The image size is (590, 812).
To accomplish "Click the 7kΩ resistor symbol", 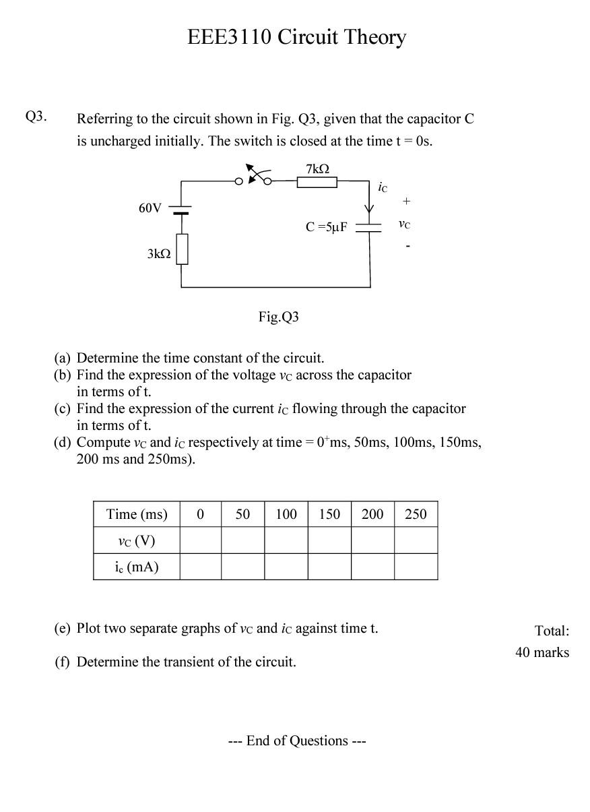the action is [317, 181].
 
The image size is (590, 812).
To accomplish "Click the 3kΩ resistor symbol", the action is [181, 249].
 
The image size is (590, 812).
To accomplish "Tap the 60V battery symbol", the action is [181, 210].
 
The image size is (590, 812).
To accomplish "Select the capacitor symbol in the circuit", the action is [368, 228].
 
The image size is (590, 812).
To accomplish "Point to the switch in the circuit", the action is [254, 177].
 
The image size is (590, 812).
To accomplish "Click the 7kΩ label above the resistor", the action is [317, 168].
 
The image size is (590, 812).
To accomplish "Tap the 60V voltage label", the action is [150, 208].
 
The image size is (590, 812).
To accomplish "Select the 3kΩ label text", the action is [158, 253].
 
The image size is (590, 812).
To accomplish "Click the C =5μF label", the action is [327, 227].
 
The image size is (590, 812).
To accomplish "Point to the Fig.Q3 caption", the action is [278, 317].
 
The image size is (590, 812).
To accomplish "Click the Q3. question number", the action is [36, 116].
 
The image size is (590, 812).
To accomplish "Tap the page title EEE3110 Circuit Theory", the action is [296, 37].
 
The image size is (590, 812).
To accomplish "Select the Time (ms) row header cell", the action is [137, 514].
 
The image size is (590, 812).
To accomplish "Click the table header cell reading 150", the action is [329, 514].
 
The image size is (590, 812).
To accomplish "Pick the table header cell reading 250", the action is [416, 514].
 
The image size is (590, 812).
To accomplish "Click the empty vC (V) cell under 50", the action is [242, 540].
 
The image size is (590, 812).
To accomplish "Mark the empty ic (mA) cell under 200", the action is [372, 567].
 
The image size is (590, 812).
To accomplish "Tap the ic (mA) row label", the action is [137, 567].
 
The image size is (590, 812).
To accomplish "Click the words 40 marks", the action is [542, 652].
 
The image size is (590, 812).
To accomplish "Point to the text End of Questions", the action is [297, 741].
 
